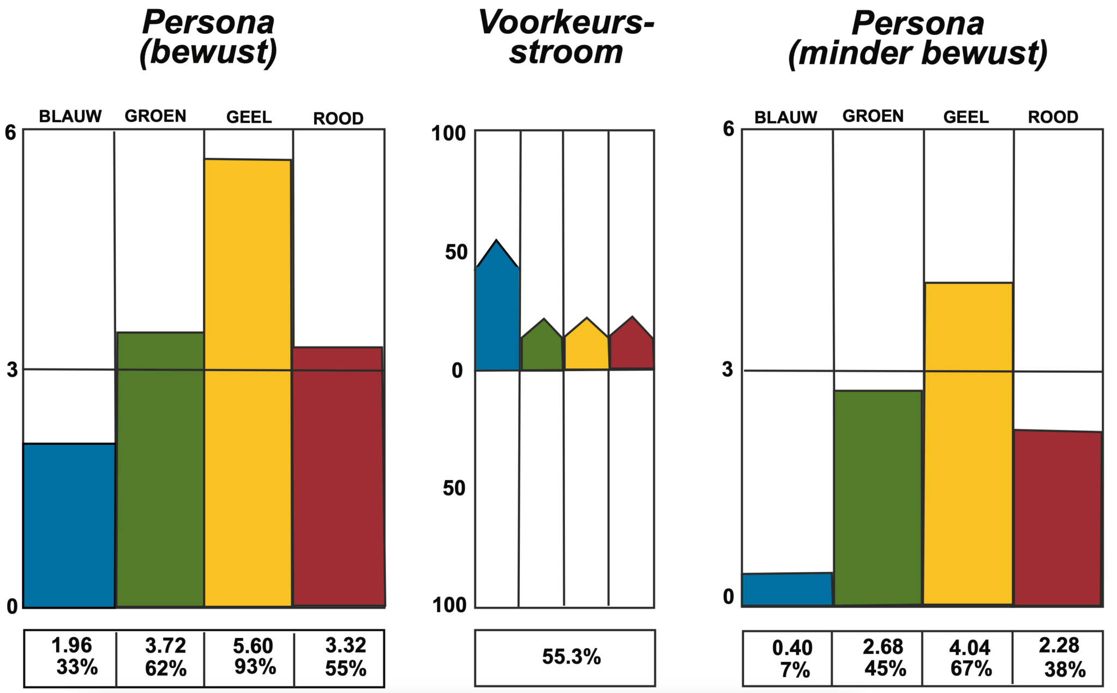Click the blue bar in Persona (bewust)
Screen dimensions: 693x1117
pyautogui.click(x=69, y=525)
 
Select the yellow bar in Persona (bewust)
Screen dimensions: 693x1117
pyautogui.click(x=248, y=382)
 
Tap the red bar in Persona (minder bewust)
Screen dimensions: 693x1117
pyautogui.click(x=1058, y=518)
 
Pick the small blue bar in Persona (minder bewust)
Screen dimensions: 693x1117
pyautogui.click(x=787, y=589)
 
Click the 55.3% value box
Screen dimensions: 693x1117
pyautogui.click(x=565, y=658)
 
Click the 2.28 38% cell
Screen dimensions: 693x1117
pyautogui.click(x=1058, y=658)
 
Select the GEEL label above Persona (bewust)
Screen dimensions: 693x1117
pyautogui.click(x=249, y=117)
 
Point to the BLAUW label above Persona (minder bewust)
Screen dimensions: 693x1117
pyautogui.click(x=785, y=117)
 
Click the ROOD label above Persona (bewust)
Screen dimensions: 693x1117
pyautogui.click(x=338, y=118)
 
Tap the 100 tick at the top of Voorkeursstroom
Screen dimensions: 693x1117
pyautogui.click(x=449, y=133)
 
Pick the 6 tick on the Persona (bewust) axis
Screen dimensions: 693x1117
pyautogui.click(x=11, y=132)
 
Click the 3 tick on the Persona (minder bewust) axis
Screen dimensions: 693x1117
pyautogui.click(x=728, y=369)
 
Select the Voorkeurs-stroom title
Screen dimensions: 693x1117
pyautogui.click(x=566, y=37)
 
